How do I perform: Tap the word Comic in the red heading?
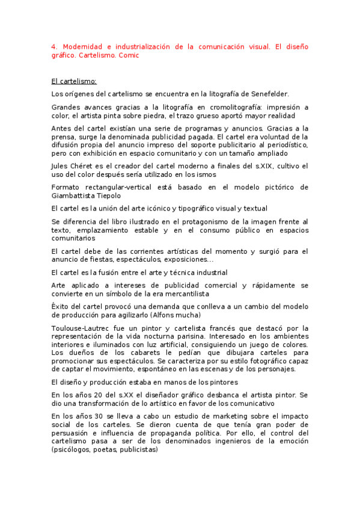click(x=129, y=55)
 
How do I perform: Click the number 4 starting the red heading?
click(x=54, y=46)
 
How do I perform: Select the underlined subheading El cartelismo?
click(x=74, y=81)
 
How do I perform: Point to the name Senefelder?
click(x=267, y=94)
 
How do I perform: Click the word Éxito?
click(x=61, y=307)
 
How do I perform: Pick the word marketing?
click(x=210, y=416)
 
